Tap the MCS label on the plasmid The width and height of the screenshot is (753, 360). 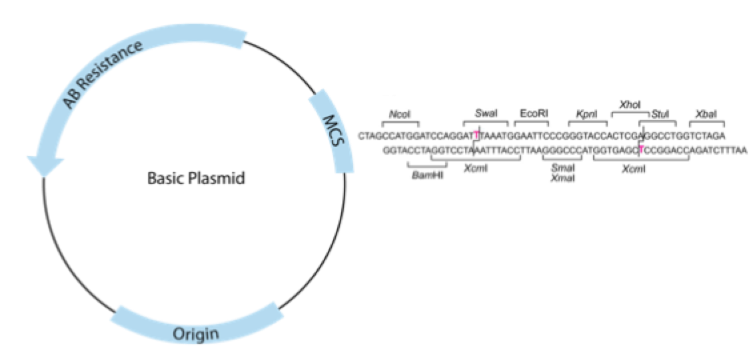(332, 133)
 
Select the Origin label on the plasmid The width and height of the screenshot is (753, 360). (195, 333)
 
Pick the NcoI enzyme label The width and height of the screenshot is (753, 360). (399, 114)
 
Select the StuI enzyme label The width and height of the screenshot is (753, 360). (660, 114)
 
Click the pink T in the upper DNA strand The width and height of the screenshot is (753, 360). (476, 136)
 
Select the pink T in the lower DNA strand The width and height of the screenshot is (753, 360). (640, 150)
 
